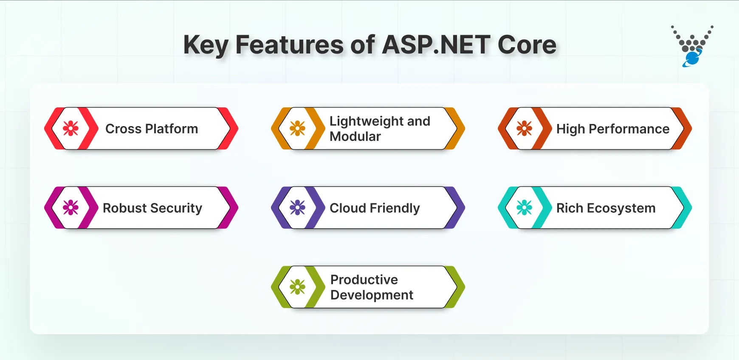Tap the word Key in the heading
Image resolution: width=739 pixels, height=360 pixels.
(x=206, y=45)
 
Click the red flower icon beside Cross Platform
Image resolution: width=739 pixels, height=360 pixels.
(x=71, y=128)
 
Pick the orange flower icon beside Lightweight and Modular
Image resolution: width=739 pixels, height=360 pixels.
(x=297, y=128)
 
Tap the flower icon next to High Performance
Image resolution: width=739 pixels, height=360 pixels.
(x=524, y=128)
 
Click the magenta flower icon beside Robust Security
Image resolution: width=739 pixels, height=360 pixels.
(x=71, y=208)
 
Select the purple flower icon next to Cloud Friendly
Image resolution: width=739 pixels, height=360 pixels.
(x=297, y=208)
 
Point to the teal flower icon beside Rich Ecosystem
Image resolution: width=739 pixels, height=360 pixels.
(x=524, y=208)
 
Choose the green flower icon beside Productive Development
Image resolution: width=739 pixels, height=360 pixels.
(x=297, y=287)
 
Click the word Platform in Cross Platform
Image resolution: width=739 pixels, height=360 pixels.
(x=172, y=129)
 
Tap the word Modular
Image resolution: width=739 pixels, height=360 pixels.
(x=355, y=137)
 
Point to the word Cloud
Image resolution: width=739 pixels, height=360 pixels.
(x=348, y=208)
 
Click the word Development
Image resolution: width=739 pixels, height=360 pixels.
(x=372, y=295)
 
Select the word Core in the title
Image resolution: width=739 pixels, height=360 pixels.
(x=527, y=45)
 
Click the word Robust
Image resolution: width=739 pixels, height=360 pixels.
(x=124, y=208)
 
